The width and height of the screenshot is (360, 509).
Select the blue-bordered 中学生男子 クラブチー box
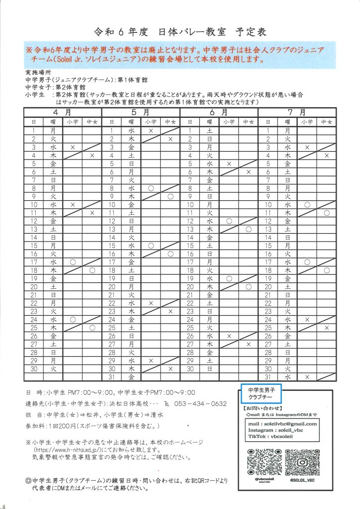[x=261, y=394]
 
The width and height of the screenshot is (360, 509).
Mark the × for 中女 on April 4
[x=92, y=156]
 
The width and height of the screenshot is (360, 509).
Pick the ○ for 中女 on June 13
[x=249, y=229]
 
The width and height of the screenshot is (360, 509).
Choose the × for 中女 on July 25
[x=327, y=328]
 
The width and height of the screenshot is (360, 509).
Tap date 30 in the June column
[x=190, y=369]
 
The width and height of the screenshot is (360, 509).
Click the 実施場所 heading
[x=37, y=73]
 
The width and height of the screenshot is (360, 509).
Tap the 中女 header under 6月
[x=249, y=122]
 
